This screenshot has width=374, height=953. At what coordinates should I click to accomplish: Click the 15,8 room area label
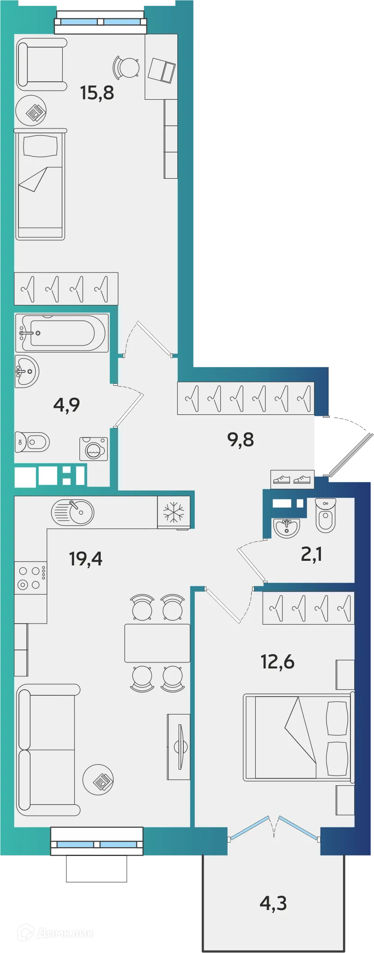97,93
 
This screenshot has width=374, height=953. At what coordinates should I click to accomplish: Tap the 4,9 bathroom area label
66,405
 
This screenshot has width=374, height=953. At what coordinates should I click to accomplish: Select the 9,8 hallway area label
241,439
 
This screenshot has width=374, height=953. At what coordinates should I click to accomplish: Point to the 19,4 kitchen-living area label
85,559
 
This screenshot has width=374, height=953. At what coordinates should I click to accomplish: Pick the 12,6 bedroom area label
277,662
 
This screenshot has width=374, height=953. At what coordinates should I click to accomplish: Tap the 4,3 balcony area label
273,902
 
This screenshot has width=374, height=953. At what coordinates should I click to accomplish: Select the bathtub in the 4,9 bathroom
62,333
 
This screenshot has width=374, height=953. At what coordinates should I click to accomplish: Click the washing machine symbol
94,449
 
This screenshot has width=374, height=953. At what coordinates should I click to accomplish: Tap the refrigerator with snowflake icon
173,512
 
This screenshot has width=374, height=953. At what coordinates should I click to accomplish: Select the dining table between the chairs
157,643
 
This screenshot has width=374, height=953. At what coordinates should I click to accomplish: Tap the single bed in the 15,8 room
40,184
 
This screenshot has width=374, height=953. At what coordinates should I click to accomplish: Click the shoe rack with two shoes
292,480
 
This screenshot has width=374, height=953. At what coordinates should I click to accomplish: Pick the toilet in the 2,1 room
326,515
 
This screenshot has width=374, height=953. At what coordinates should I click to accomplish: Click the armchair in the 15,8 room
42,64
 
